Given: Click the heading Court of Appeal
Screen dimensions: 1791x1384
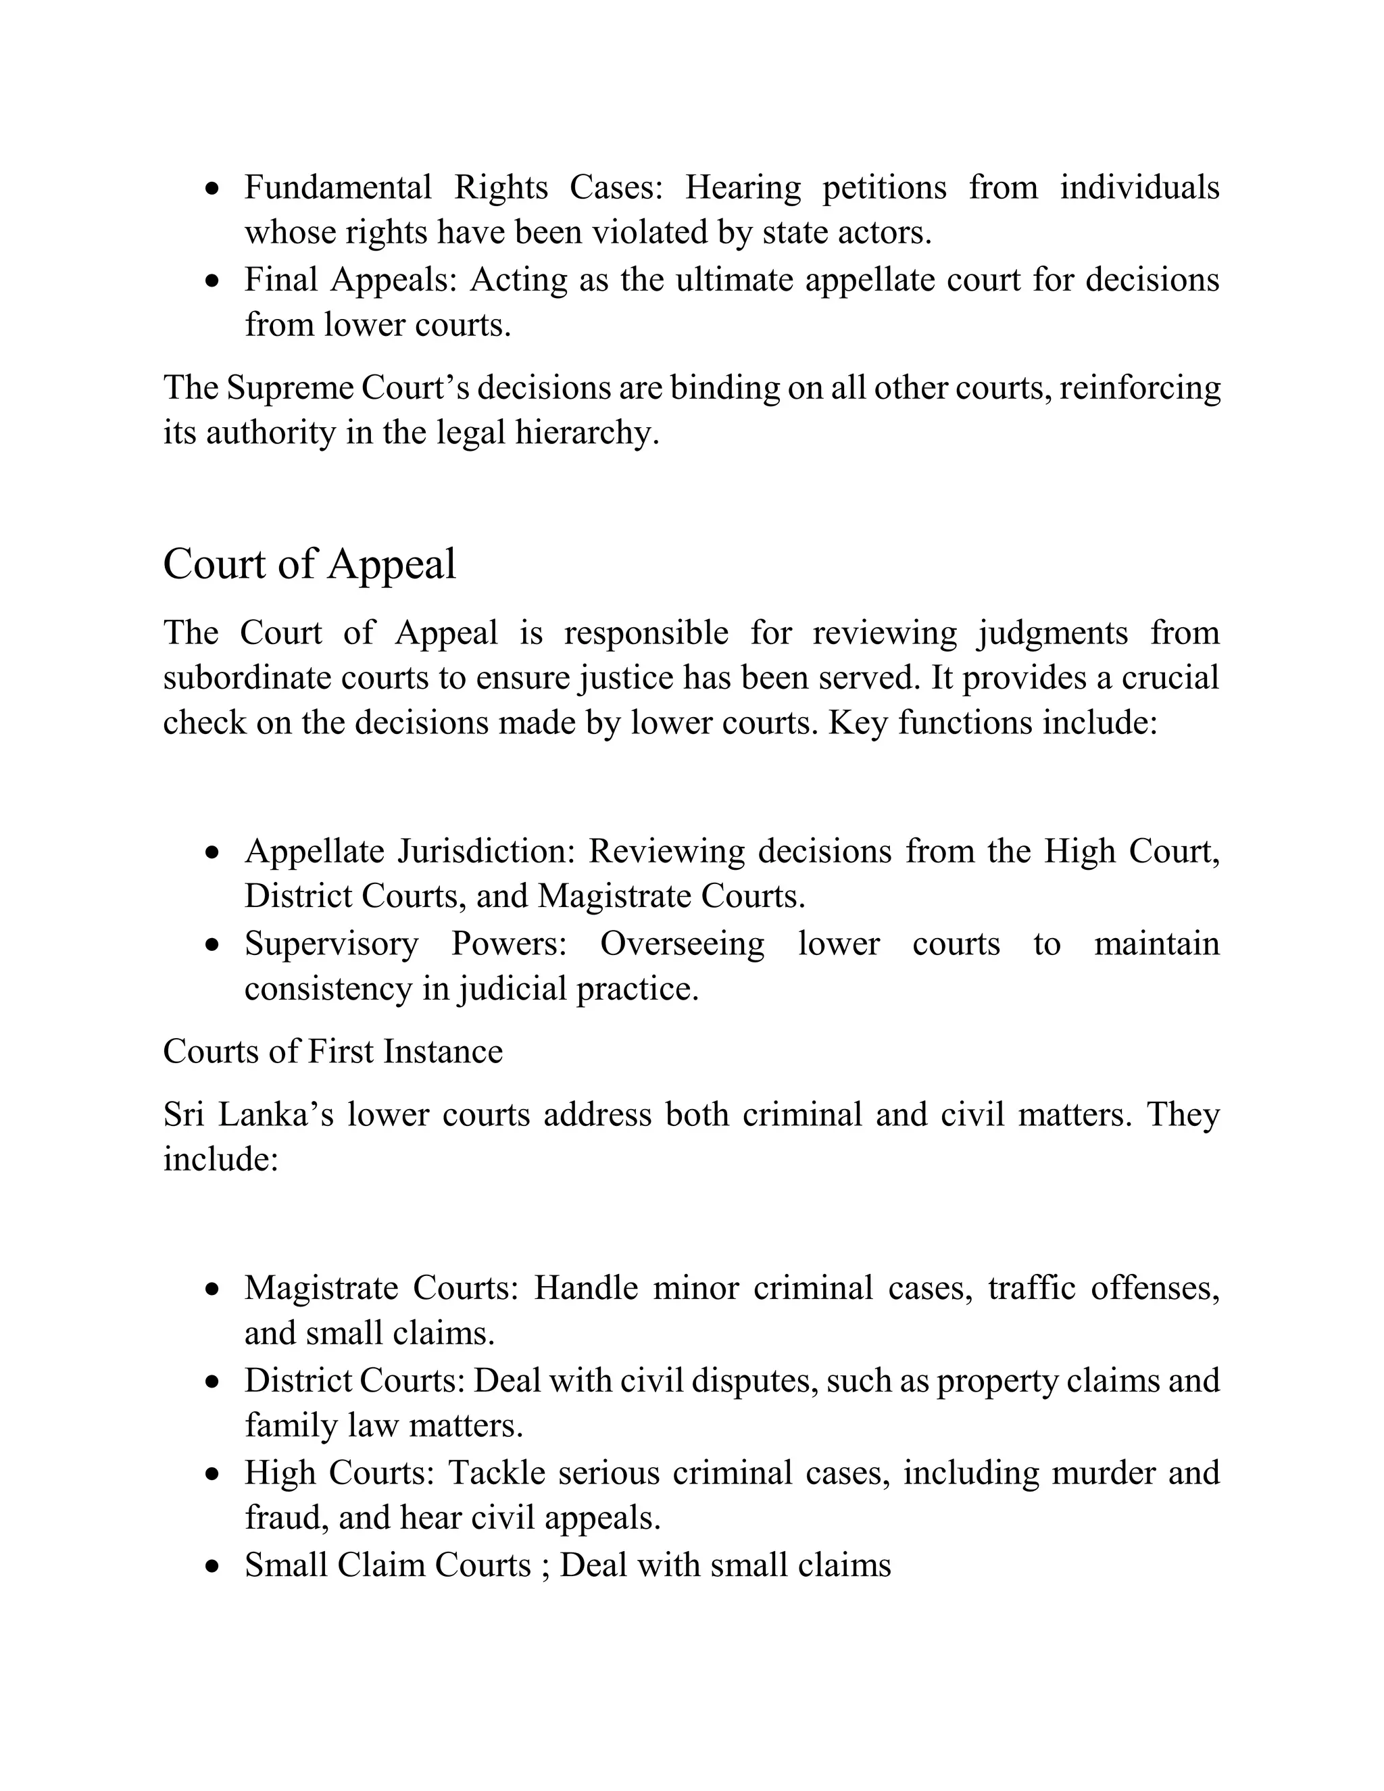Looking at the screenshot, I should click(x=309, y=565).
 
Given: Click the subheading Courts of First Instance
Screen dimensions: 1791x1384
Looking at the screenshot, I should click(x=333, y=1052).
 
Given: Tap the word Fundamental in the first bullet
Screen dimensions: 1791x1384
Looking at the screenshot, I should click(x=338, y=188).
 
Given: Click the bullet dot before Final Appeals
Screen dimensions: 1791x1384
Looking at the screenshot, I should click(x=213, y=281).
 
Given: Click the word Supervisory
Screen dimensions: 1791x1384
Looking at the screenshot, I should click(x=331, y=944).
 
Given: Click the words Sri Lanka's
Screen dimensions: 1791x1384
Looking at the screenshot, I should click(x=247, y=1115).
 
